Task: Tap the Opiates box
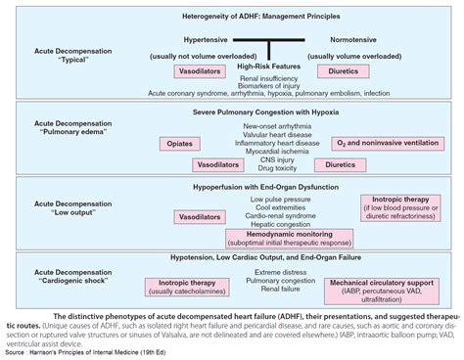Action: tap(178, 144)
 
